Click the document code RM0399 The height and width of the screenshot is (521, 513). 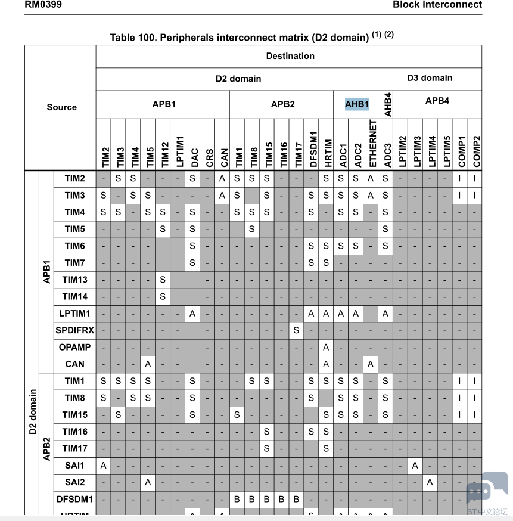click(x=43, y=5)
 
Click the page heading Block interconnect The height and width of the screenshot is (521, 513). click(x=437, y=5)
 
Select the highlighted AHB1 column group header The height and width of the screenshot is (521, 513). click(x=357, y=104)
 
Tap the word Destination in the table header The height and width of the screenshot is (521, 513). click(x=290, y=56)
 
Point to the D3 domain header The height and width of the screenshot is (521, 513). click(x=430, y=78)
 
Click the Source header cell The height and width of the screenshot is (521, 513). click(x=62, y=107)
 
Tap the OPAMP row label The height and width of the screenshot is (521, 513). click(x=74, y=347)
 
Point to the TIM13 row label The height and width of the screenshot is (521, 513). click(x=75, y=280)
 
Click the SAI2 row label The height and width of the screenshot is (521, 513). click(x=75, y=482)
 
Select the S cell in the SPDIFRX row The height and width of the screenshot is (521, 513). click(x=296, y=330)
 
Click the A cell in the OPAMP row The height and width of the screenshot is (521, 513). click(x=326, y=347)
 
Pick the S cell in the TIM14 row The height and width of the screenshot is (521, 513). click(x=162, y=296)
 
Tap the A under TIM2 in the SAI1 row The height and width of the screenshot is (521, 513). click(x=104, y=465)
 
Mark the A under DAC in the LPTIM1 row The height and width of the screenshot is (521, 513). click(x=192, y=313)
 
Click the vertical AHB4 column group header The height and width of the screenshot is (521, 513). click(x=386, y=104)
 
